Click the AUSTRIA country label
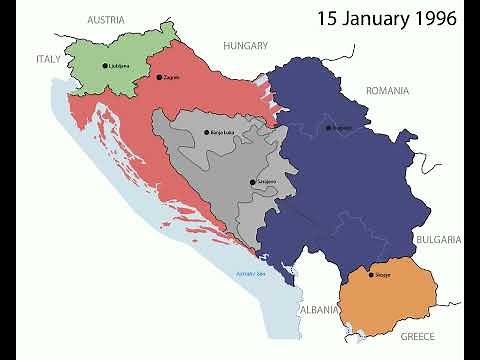coord(105,20)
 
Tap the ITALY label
coord(49,59)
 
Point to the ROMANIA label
coord(387,90)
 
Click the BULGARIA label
coord(438,240)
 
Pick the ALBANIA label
coord(318,310)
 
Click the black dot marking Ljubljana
coord(104,66)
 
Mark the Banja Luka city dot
coord(206,132)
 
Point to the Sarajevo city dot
coord(253,182)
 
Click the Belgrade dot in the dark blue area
coord(328,127)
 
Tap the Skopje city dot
coord(370,275)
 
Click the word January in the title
coord(371,18)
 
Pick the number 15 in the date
coord(328,18)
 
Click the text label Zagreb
coord(170,78)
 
